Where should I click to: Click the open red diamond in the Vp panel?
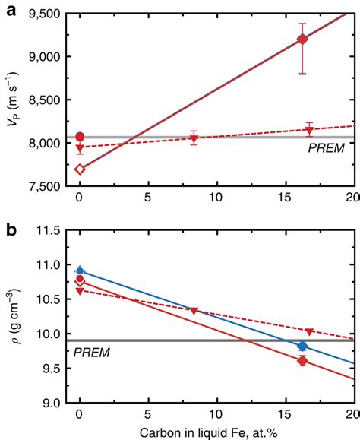[x=80, y=169]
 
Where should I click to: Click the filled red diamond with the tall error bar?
[x=302, y=40]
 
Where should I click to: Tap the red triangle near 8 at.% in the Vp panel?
[x=194, y=138]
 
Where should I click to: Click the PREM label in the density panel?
[x=90, y=353]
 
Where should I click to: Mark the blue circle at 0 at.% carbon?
[x=80, y=271]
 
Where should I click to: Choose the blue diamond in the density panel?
[x=302, y=346]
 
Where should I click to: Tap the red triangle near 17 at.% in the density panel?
[x=309, y=331]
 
